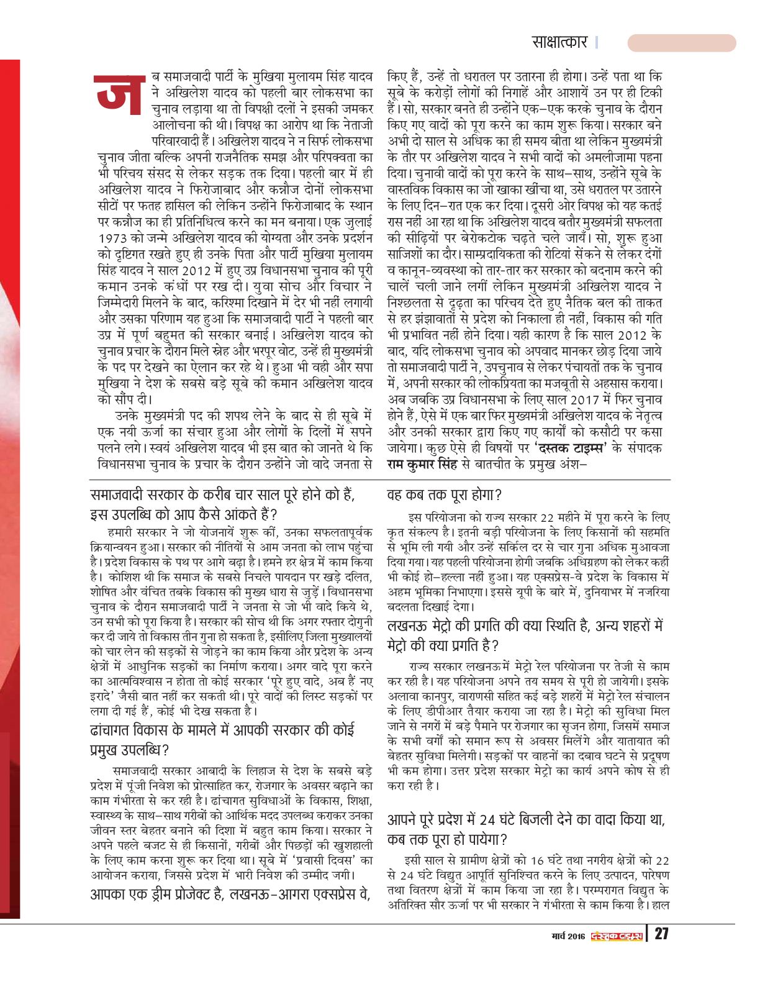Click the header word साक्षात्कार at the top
[559, 42]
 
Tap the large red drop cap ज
[120, 94]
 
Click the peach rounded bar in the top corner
[681, 43]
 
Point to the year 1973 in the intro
[112, 239]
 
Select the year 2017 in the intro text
[577, 400]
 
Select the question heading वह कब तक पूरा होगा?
[444, 495]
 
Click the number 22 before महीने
[547, 517]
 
